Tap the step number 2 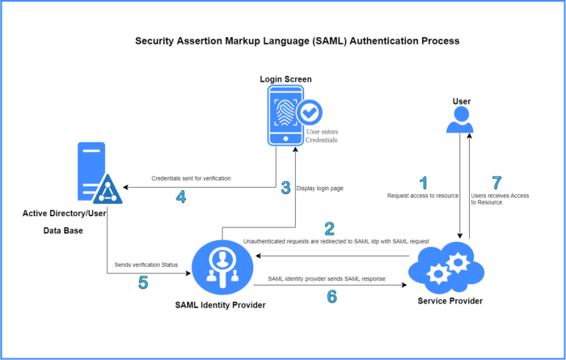click(329, 229)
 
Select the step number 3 click(285, 188)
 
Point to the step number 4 click(181, 197)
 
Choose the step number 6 click(332, 296)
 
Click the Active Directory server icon click(95, 173)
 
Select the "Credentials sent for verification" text click(191, 178)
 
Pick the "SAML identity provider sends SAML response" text click(326, 279)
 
